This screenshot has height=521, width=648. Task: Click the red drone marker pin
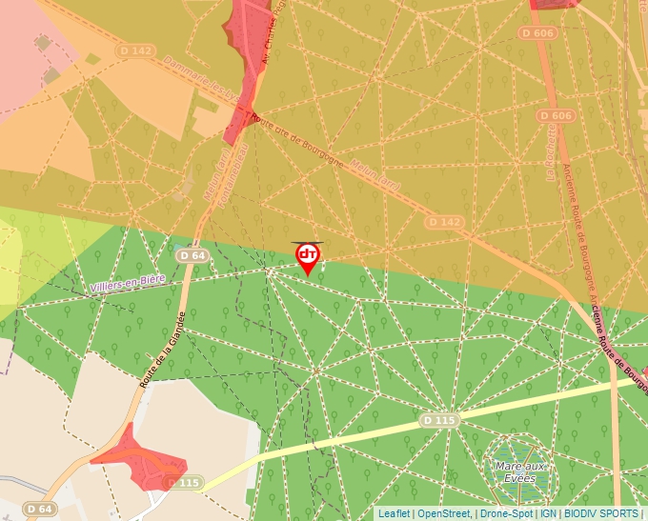(x=307, y=257)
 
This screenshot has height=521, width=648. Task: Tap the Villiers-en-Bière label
(x=129, y=282)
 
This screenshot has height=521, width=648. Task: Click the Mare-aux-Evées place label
(x=520, y=471)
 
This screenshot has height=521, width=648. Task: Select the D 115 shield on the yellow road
(x=440, y=420)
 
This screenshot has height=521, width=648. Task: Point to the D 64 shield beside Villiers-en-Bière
(x=192, y=255)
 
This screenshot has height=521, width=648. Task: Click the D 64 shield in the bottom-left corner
(x=39, y=510)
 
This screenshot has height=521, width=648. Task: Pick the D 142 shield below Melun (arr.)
(x=444, y=222)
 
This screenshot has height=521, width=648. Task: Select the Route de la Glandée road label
(x=162, y=351)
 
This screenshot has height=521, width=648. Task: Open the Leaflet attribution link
(x=394, y=513)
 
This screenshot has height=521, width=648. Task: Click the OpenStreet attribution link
(x=444, y=513)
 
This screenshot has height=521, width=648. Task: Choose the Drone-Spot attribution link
(x=506, y=513)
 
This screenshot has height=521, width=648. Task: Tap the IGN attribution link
(x=549, y=513)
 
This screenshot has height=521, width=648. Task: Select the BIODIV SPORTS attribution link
(x=601, y=513)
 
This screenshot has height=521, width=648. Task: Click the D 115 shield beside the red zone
(x=185, y=483)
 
